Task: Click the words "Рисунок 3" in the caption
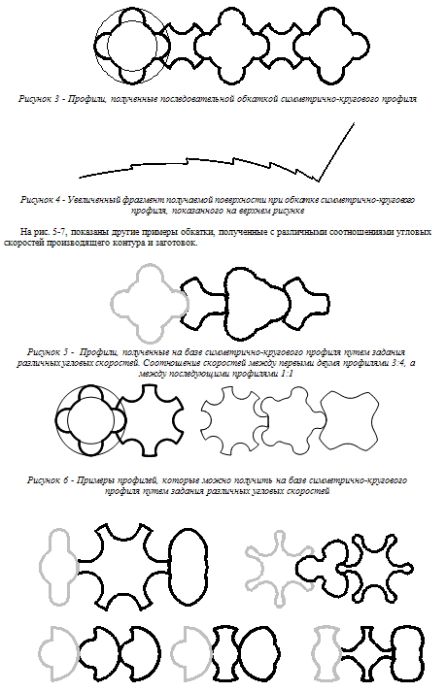click(x=39, y=98)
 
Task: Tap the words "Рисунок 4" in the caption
click(x=41, y=200)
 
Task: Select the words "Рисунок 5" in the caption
click(x=49, y=352)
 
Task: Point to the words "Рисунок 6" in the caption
click(x=48, y=480)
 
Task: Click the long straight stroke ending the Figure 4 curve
click(x=336, y=152)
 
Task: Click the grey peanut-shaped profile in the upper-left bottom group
click(x=41, y=566)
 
